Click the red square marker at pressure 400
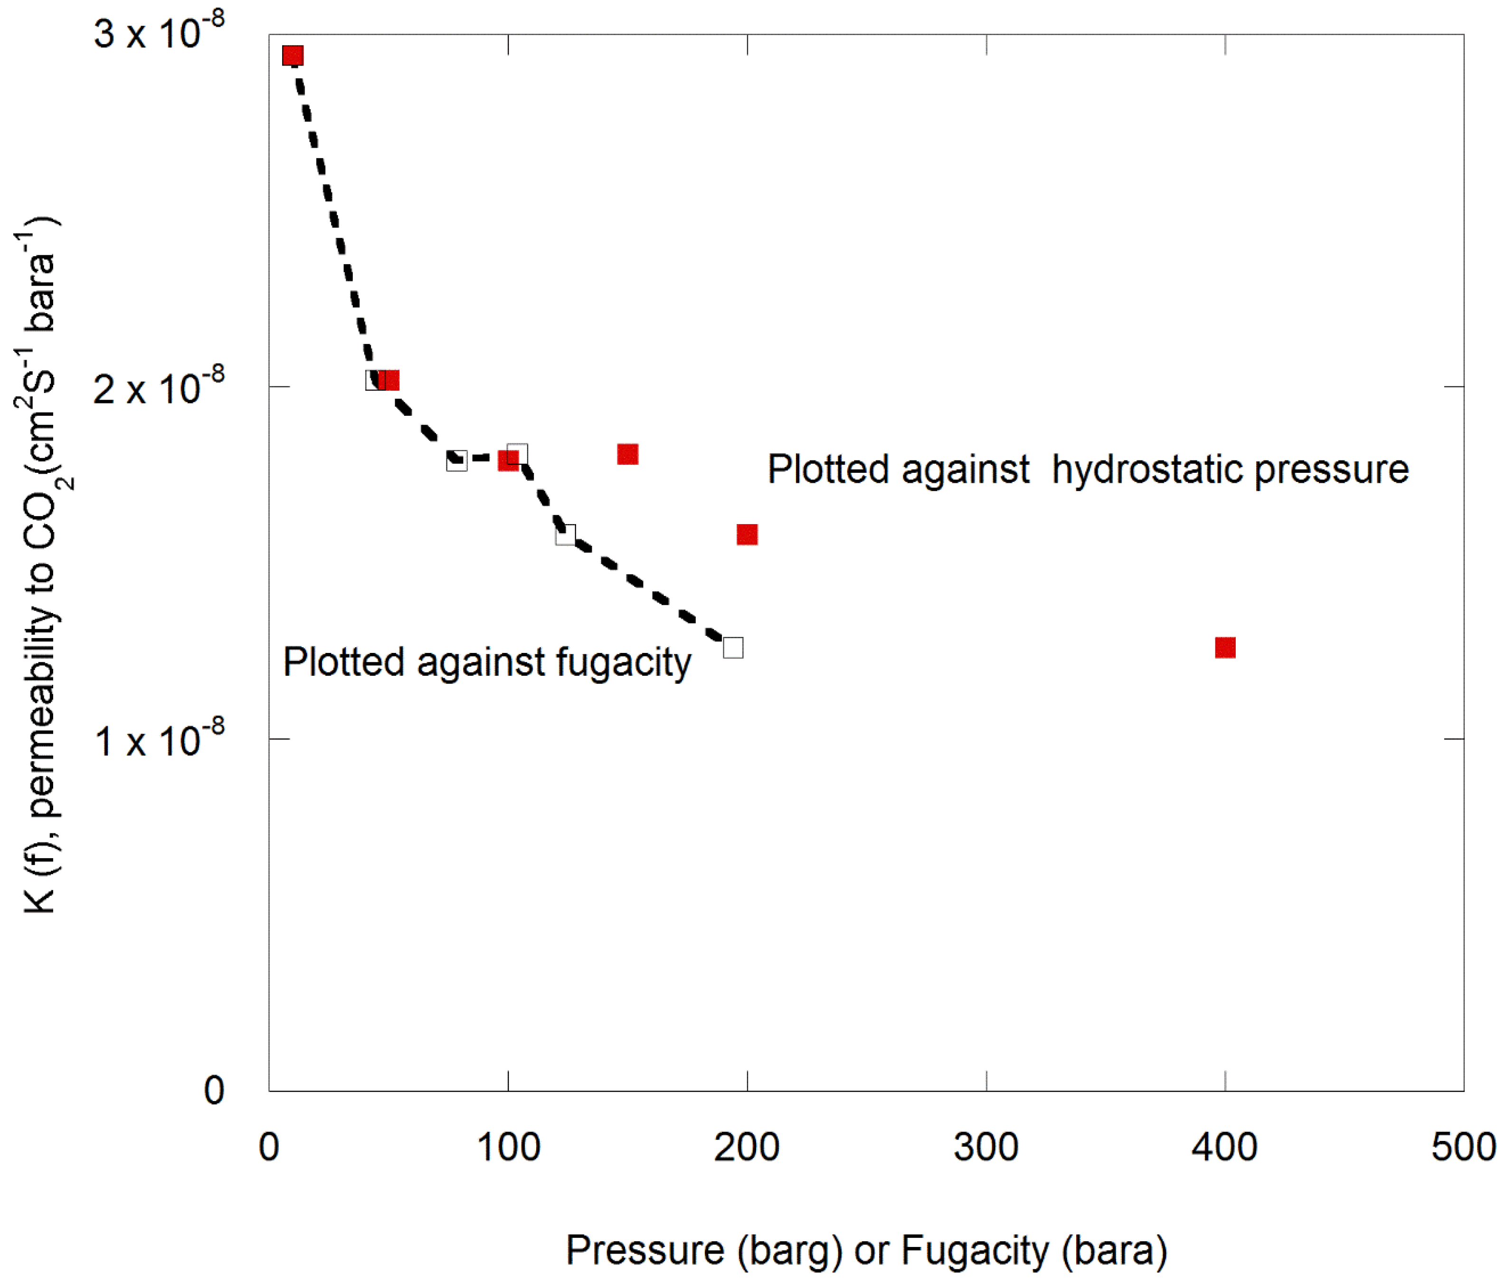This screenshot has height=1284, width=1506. pyautogui.click(x=1225, y=647)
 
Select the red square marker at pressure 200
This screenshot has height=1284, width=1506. pyautogui.click(x=747, y=535)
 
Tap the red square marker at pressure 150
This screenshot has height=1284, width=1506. pyautogui.click(x=627, y=454)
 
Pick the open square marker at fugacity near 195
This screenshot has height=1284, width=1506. pyautogui.click(x=733, y=647)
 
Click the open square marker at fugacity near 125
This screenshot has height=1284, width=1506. pyautogui.click(x=566, y=535)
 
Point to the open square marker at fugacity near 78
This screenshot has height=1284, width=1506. pyautogui.click(x=456, y=461)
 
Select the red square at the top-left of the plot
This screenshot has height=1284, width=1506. pyautogui.click(x=292, y=55)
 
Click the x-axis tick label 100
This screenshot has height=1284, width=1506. pyautogui.click(x=508, y=1147)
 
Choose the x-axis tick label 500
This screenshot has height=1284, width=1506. pyautogui.click(x=1463, y=1147)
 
